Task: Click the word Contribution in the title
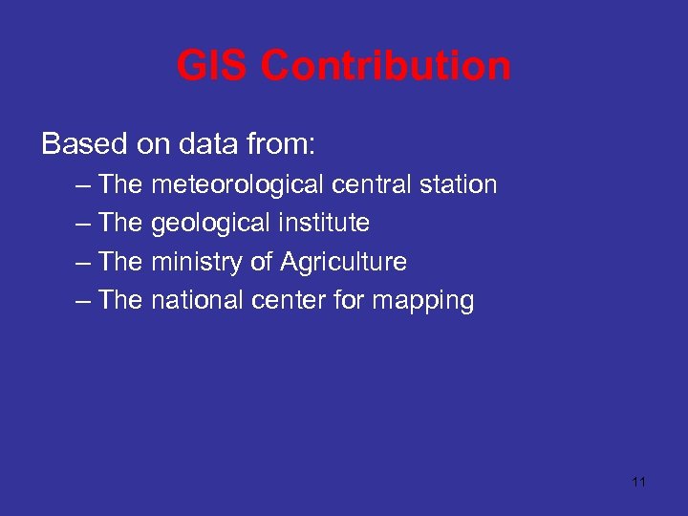pos(385,67)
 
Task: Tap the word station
pos(457,184)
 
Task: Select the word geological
pos(211,224)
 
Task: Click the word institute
pos(324,224)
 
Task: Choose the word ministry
pos(197,262)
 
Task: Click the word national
pos(198,300)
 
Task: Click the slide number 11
pos(639,482)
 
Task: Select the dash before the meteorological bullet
pos(81,185)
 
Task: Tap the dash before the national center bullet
pos(81,301)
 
